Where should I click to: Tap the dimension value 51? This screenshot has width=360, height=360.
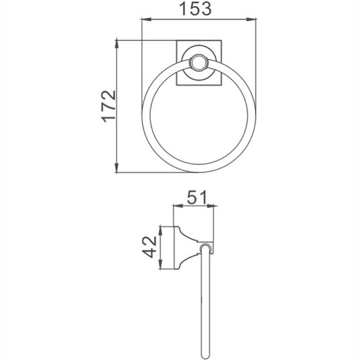tap(196, 198)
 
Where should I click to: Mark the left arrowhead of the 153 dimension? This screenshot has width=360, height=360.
tap(146, 20)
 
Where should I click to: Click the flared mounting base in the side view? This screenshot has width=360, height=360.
tap(186, 248)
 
